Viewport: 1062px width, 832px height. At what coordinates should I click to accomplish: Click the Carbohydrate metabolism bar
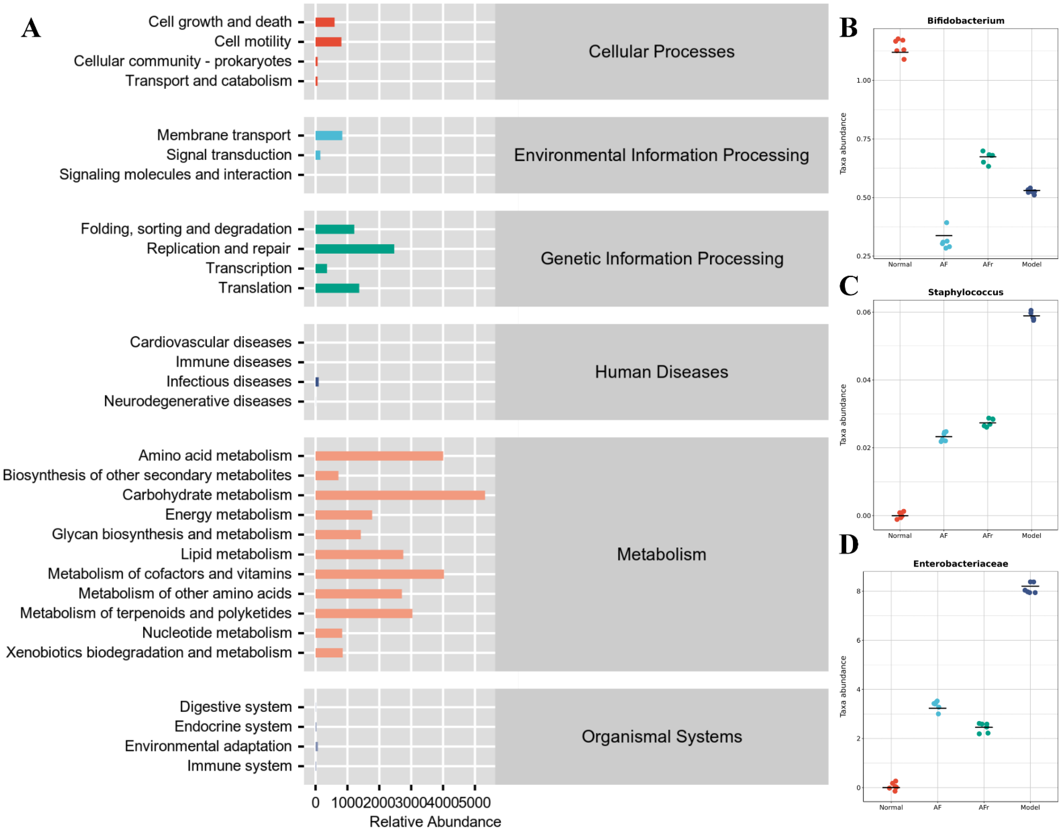pyautogui.click(x=400, y=495)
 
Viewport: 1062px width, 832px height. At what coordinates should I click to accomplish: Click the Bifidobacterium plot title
pyautogui.click(x=965, y=20)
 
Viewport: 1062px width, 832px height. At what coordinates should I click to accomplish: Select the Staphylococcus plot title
pyautogui.click(x=965, y=292)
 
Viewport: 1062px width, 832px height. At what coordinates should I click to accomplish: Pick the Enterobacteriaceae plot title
pyautogui.click(x=960, y=563)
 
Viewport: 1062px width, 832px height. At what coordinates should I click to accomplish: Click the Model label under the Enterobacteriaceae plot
pyautogui.click(x=1030, y=807)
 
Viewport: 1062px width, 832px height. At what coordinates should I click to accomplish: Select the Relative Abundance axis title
pyautogui.click(x=435, y=821)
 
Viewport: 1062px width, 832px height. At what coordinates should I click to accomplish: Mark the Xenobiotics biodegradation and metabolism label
pyautogui.click(x=149, y=652)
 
